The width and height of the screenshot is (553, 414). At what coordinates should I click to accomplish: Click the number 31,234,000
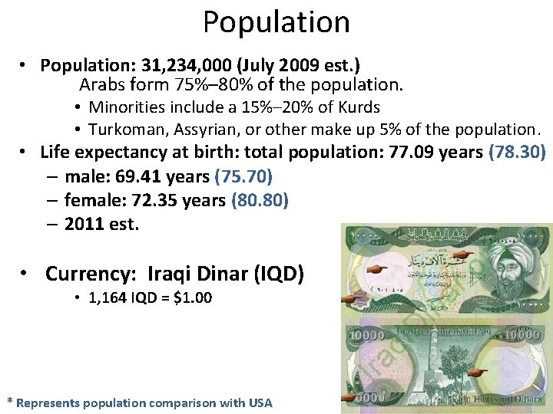click(179, 65)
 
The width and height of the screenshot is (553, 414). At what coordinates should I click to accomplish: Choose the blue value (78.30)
click(516, 152)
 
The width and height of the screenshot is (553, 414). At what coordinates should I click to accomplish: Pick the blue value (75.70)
click(243, 176)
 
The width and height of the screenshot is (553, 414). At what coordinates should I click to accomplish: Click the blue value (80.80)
click(260, 200)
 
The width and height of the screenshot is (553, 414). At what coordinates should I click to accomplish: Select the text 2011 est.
click(101, 224)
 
